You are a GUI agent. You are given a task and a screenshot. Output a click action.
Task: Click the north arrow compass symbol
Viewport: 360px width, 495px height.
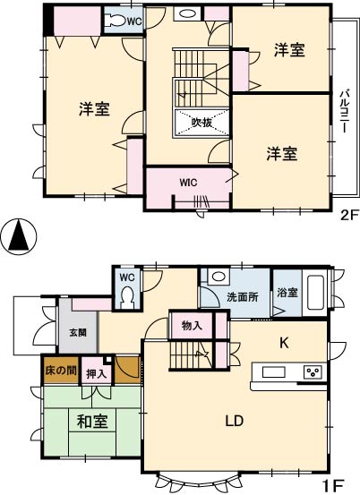click(19, 236)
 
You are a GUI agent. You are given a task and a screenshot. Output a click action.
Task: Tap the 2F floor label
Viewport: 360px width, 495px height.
click(349, 216)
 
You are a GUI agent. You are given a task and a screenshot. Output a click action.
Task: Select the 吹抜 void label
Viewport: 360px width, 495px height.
click(201, 123)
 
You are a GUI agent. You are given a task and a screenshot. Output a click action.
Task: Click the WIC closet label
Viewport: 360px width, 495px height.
click(188, 183)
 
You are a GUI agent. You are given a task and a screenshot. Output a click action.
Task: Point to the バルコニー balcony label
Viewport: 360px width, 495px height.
click(345, 111)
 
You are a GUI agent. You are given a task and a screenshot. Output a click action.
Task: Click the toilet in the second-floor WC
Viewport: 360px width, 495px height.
click(116, 21)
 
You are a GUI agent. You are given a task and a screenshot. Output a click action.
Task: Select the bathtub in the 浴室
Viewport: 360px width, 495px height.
click(315, 293)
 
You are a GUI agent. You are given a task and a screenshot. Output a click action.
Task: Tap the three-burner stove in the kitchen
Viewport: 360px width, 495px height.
click(313, 372)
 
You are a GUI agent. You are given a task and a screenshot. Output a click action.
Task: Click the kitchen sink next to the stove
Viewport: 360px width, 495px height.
click(273, 371)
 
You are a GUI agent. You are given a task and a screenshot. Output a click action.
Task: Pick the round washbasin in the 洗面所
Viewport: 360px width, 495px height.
click(219, 277)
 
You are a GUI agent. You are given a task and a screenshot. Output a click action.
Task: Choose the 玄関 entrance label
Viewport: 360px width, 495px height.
click(78, 332)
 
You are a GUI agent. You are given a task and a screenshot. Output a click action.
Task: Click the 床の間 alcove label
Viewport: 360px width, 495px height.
click(61, 370)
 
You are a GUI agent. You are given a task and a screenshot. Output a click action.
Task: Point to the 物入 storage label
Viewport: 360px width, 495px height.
click(192, 326)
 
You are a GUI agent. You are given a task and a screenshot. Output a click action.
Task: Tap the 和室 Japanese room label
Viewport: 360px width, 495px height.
click(92, 422)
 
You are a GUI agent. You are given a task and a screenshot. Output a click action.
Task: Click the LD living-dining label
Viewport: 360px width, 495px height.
click(235, 421)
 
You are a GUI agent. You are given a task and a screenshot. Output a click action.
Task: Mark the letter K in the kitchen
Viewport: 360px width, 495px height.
click(284, 343)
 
